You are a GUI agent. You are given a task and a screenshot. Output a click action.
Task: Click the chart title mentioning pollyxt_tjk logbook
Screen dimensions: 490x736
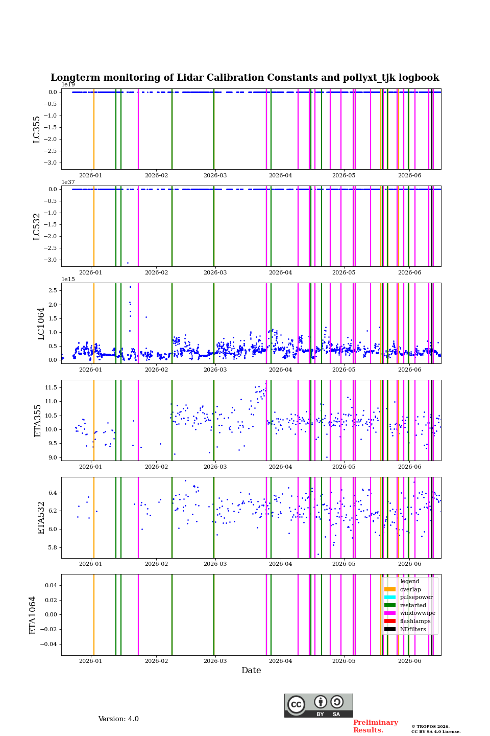click(244, 78)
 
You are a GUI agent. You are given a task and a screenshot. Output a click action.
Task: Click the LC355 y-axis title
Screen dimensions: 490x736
click(36, 129)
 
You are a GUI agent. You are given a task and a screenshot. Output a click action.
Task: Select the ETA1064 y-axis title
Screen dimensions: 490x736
click(33, 615)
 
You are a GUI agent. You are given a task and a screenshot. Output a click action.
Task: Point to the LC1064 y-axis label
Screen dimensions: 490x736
click(41, 324)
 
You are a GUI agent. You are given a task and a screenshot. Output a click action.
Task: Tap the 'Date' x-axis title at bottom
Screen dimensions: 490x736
click(251, 670)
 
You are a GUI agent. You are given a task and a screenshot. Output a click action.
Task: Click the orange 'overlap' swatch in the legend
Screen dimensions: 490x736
click(390, 589)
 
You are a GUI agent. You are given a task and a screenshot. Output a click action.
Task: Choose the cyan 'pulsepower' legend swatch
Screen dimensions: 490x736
click(390, 597)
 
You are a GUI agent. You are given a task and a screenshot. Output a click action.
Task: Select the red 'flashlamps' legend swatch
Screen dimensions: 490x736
click(390, 621)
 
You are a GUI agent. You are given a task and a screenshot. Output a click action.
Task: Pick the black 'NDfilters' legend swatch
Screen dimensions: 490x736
click(390, 629)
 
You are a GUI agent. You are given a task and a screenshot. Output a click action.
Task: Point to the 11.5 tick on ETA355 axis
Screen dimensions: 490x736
click(51, 388)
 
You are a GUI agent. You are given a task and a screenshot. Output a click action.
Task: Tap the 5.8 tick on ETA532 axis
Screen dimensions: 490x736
click(53, 548)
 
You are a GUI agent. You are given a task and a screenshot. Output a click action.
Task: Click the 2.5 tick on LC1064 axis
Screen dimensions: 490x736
click(53, 290)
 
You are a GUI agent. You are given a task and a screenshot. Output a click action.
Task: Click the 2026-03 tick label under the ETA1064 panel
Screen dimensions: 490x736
click(215, 661)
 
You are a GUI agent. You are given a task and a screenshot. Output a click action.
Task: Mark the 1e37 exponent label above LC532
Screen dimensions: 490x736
click(68, 182)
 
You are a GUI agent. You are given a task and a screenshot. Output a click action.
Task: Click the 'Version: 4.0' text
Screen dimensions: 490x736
click(118, 719)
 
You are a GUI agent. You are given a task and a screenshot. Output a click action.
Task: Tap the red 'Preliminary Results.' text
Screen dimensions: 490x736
click(376, 726)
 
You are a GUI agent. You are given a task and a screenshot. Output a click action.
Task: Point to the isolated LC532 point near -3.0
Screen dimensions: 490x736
click(128, 263)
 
